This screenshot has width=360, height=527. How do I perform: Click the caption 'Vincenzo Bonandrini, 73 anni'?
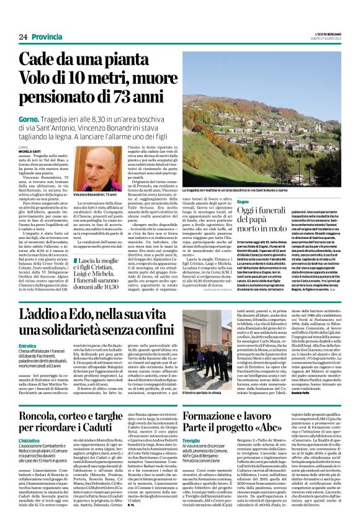click(x=95, y=195)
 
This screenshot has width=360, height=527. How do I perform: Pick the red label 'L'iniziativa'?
click(x=30, y=440)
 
